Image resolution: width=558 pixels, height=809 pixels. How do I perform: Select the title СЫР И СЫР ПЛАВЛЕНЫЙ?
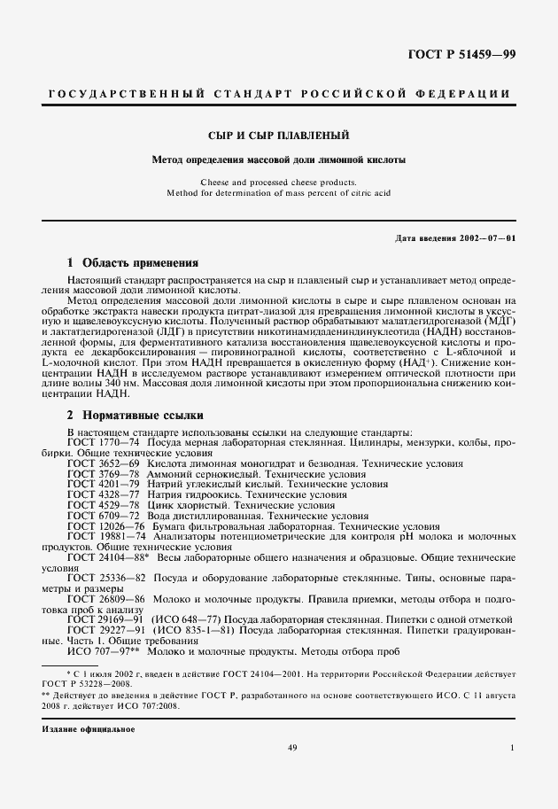click(x=278, y=136)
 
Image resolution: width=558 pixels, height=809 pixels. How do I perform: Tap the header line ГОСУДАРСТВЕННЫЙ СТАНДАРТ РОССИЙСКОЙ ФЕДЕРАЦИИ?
click(x=278, y=94)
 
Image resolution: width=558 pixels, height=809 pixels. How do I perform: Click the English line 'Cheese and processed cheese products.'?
click(x=278, y=181)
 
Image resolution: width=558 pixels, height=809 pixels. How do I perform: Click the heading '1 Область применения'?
click(x=133, y=263)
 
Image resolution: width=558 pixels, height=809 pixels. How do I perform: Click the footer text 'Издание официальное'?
click(x=88, y=729)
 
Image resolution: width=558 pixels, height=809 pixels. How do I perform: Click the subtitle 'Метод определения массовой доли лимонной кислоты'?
click(x=278, y=160)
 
